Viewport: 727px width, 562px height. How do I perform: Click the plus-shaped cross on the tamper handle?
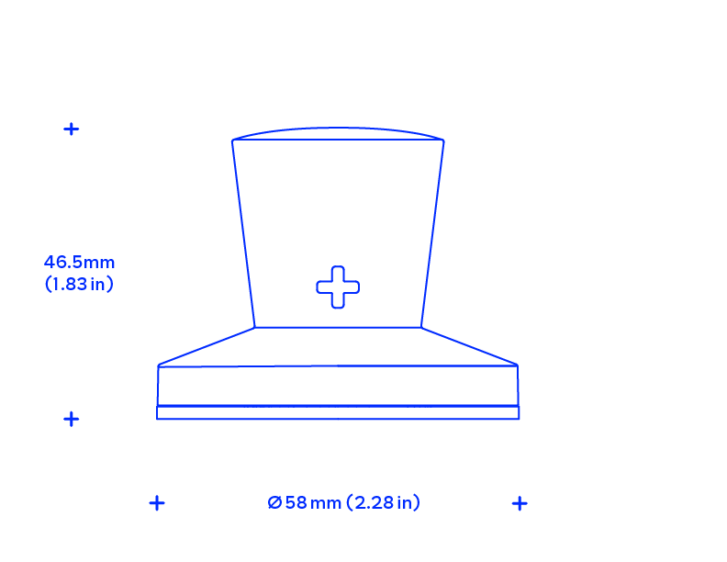click(x=338, y=287)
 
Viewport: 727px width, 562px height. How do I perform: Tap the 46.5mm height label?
click(x=79, y=263)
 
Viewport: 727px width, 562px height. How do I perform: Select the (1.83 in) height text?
click(x=79, y=284)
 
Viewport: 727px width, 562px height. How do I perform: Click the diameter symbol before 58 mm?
click(x=274, y=502)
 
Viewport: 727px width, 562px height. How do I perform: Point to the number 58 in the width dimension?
click(x=296, y=502)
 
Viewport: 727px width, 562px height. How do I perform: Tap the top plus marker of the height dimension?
click(x=72, y=129)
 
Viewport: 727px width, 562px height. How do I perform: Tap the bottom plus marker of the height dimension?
click(x=72, y=419)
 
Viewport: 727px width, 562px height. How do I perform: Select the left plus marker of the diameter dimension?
click(x=157, y=503)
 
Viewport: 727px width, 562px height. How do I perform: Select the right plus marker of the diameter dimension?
click(x=520, y=503)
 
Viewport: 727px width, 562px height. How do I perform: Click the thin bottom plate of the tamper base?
click(x=338, y=412)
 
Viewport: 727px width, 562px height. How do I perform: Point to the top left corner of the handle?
click(x=232, y=140)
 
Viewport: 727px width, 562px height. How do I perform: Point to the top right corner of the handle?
click(x=443, y=140)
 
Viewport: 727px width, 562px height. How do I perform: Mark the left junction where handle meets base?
click(x=254, y=327)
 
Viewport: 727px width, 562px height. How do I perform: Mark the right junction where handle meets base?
click(x=421, y=327)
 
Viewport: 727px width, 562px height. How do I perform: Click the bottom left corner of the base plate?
click(x=157, y=419)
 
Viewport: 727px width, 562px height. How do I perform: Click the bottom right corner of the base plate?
click(x=519, y=419)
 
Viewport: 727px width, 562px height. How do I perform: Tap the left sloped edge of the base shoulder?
click(x=207, y=346)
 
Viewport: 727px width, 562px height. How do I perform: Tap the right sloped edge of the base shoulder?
click(x=469, y=346)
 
